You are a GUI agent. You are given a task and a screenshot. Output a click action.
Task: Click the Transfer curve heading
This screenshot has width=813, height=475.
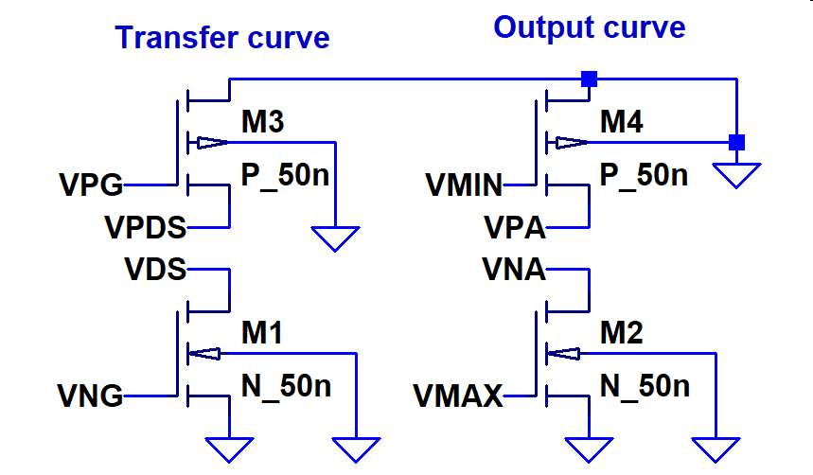click(x=222, y=38)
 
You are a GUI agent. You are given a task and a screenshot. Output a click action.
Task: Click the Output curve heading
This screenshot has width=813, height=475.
click(x=589, y=27)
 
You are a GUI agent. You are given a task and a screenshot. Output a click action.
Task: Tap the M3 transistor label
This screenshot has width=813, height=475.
click(x=262, y=121)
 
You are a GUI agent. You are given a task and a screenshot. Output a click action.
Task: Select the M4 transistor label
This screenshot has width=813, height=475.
click(x=623, y=121)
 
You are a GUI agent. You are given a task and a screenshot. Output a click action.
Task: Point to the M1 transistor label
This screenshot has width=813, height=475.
click(x=261, y=332)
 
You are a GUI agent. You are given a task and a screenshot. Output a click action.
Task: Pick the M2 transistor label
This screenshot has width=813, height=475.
click(x=622, y=332)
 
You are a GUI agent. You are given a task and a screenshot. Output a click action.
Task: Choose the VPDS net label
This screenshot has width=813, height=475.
click(x=146, y=228)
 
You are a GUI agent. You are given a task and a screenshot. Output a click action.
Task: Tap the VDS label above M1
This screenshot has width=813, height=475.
click(x=155, y=270)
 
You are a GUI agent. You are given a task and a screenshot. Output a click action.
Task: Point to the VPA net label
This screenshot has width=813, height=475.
click(x=515, y=228)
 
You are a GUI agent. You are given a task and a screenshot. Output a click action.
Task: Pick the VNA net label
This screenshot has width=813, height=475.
click(x=514, y=270)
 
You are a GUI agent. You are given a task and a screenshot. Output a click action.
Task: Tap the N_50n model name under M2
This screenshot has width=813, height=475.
click(x=645, y=386)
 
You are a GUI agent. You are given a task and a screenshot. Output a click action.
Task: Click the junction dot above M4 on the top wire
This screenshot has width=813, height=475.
click(x=589, y=79)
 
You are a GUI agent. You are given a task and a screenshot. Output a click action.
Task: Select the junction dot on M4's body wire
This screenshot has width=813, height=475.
click(x=735, y=143)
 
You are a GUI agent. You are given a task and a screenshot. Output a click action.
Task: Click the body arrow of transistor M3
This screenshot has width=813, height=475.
click(x=210, y=143)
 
